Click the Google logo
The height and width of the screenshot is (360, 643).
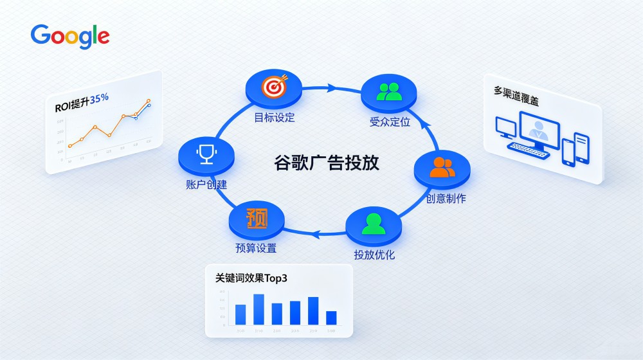click(69, 36)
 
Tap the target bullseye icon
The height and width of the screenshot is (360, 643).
click(274, 87)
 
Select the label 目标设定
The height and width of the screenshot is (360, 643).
click(274, 118)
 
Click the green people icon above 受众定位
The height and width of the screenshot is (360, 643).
click(389, 91)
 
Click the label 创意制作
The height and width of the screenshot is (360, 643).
click(446, 199)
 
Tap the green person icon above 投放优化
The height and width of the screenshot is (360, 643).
click(374, 223)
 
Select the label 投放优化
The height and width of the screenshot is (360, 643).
click(374, 255)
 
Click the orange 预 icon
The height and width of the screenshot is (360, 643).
click(257, 218)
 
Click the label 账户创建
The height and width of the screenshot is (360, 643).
click(205, 184)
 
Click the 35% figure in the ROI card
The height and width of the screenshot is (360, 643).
click(99, 98)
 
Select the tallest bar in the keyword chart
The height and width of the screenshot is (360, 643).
click(258, 309)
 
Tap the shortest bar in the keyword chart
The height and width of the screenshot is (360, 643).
click(331, 318)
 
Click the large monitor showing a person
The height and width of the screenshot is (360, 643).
click(539, 129)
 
